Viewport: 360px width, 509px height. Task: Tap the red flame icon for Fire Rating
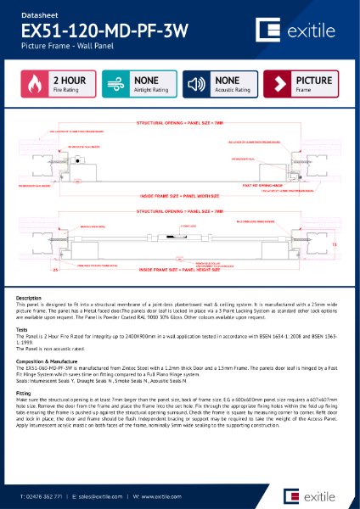pyautogui.click(x=34, y=86)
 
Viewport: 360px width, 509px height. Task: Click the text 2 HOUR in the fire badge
pyautogui.click(x=70, y=81)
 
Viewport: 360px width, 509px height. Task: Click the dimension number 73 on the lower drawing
pyautogui.click(x=335, y=243)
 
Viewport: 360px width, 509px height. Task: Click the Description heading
pyautogui.click(x=29, y=299)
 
